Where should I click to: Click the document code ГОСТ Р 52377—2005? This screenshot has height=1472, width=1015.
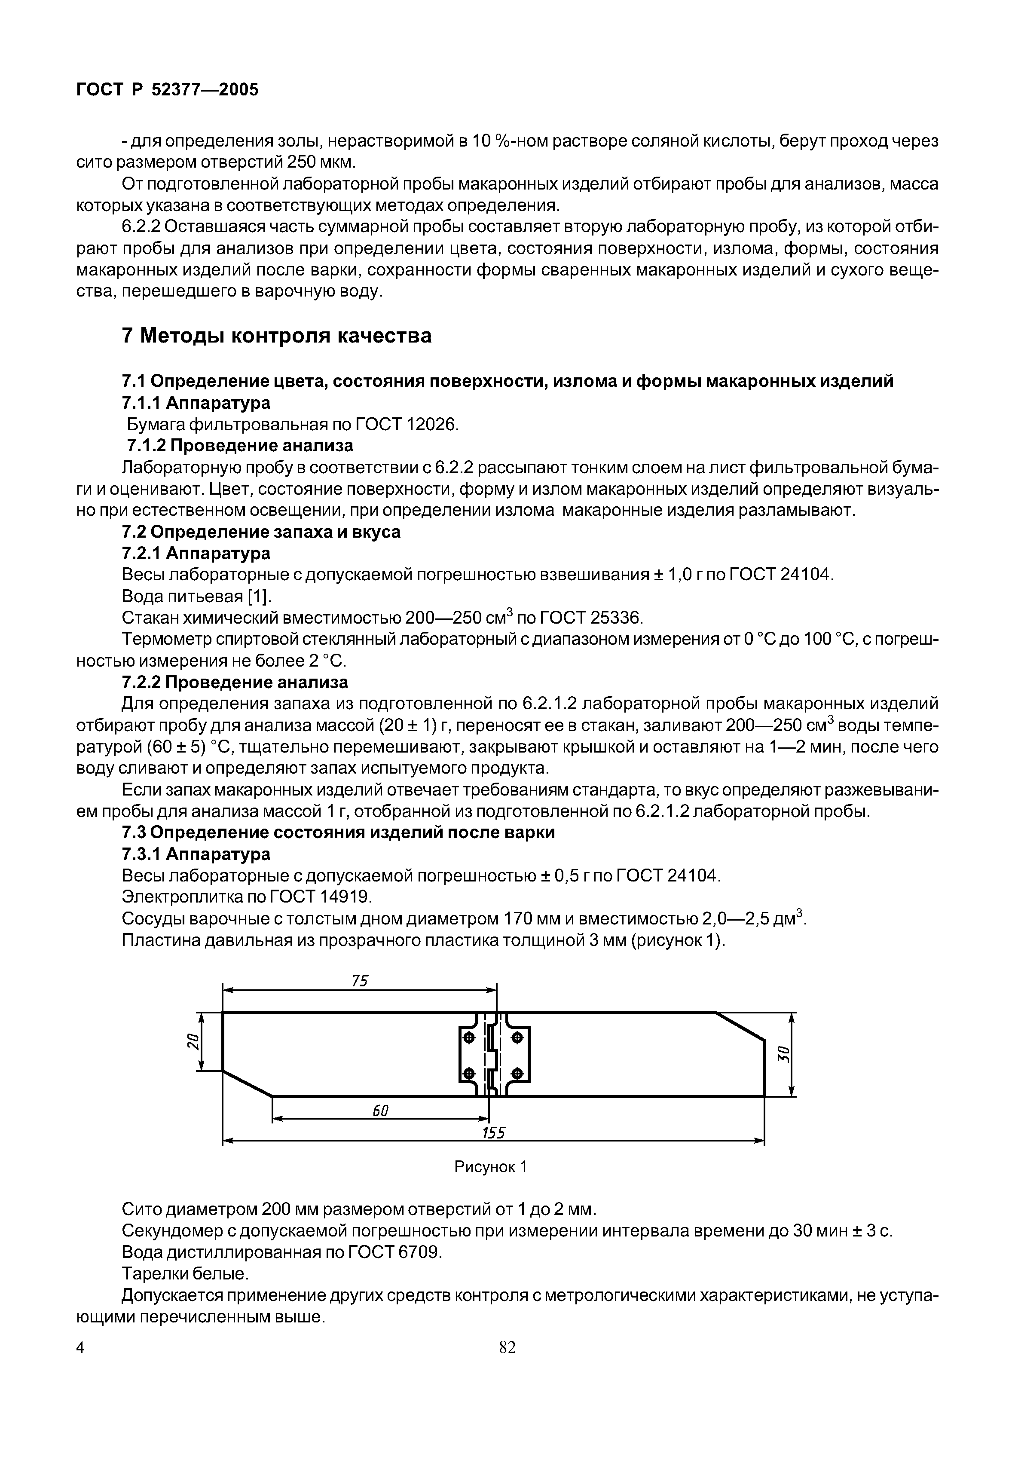pos(167,90)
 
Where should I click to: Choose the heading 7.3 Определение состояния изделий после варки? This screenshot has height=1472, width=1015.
pos(338,832)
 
